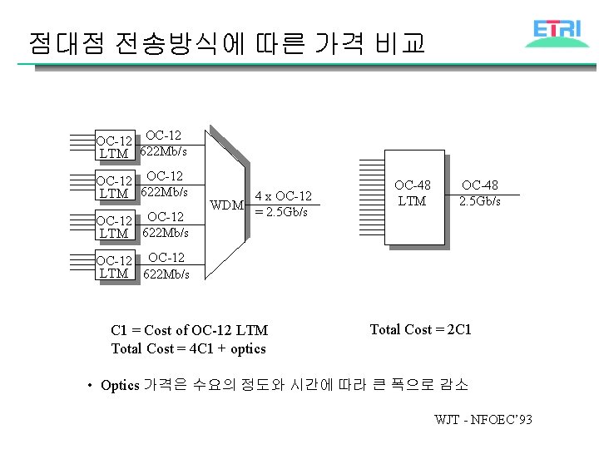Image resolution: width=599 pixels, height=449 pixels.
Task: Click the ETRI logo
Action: tap(557, 31)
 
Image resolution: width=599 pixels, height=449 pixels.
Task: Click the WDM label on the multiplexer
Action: tap(226, 205)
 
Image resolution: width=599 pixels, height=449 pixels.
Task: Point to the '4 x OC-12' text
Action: tap(283, 196)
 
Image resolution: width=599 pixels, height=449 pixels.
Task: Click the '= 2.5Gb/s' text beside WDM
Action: tap(281, 212)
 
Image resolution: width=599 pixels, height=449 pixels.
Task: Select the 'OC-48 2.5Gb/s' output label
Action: tap(481, 194)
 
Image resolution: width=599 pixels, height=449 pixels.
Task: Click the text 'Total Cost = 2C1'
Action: tap(420, 329)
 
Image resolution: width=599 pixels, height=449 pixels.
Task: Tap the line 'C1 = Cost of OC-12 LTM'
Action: tap(189, 331)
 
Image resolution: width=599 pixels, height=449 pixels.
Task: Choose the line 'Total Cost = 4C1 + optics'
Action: tap(189, 348)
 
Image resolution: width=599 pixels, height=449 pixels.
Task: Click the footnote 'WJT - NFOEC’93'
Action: tap(483, 419)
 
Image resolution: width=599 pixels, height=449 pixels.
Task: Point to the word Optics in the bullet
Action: tap(120, 385)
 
